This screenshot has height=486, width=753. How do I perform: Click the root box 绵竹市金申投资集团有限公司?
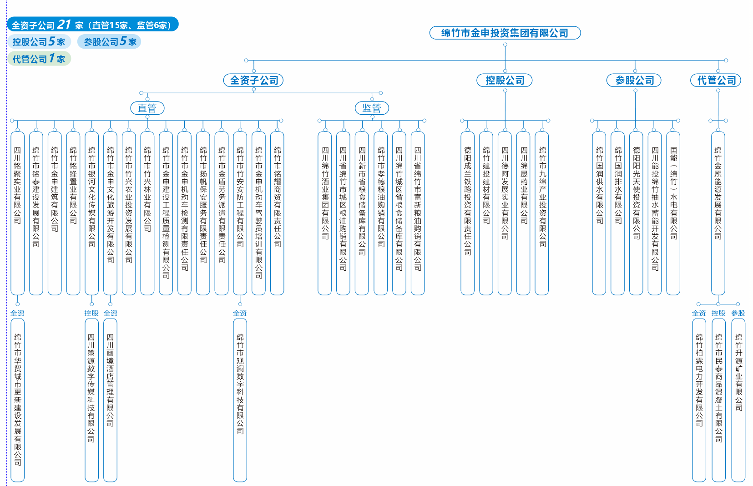point(505,33)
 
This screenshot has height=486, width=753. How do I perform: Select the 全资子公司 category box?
point(253,81)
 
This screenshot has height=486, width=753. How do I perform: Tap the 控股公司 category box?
point(505,81)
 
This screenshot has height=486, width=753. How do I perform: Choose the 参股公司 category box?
point(634,81)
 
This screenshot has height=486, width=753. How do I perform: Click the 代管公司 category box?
point(716,81)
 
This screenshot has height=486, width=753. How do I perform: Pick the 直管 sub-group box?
point(147,108)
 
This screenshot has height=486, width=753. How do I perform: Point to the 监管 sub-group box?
point(372,108)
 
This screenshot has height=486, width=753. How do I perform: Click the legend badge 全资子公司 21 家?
point(92,25)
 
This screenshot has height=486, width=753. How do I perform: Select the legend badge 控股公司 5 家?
point(39,42)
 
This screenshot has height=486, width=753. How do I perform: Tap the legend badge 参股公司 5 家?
point(109,42)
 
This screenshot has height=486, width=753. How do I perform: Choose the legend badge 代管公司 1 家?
point(39,59)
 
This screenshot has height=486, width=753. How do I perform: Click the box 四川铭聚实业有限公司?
point(18,213)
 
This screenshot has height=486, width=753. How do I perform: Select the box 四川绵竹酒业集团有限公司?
point(325,213)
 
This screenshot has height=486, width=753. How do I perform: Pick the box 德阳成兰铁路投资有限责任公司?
point(467,213)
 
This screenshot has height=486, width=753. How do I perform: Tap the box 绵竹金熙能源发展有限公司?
point(718,213)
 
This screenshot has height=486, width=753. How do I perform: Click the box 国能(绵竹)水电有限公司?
point(673,213)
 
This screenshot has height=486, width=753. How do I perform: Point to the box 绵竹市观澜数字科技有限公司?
point(240,400)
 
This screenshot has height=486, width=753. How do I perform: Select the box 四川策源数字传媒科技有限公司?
point(91,400)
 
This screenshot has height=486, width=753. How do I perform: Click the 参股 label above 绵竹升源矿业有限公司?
point(738,313)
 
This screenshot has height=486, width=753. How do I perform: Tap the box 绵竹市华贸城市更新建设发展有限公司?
point(18,400)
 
